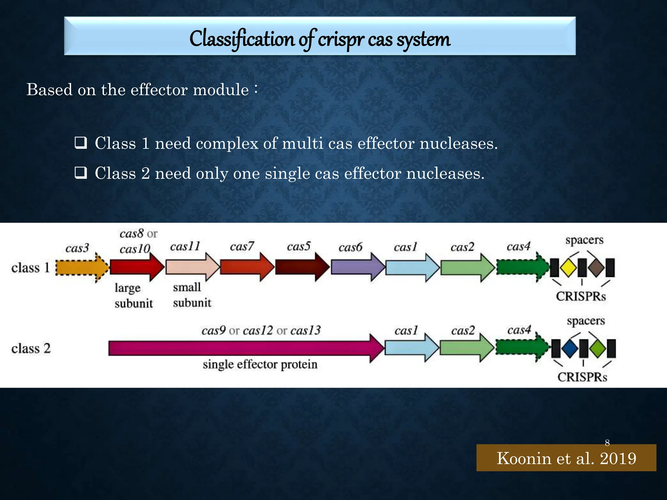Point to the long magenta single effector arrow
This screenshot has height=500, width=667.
pyautogui.click(x=244, y=348)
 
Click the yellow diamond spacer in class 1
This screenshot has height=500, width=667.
pyautogui.click(x=569, y=268)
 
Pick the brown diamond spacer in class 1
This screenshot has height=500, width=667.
pyautogui.click(x=596, y=268)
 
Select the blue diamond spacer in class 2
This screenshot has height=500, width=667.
pyautogui.click(x=570, y=348)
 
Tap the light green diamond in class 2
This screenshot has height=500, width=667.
pyautogui.click(x=598, y=348)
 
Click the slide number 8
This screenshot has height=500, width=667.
pyautogui.click(x=607, y=443)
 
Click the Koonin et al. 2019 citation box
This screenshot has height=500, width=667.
pyautogui.click(x=566, y=458)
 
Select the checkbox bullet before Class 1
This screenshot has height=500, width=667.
pyautogui.click(x=81, y=143)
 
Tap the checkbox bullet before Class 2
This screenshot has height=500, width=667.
pyautogui.click(x=81, y=173)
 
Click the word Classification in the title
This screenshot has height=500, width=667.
pyautogui.click(x=242, y=39)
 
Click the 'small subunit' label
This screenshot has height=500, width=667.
pyautogui.click(x=192, y=295)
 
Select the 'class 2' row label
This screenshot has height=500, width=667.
pyautogui.click(x=31, y=349)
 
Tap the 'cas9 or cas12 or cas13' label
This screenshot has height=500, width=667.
pyautogui.click(x=261, y=331)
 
